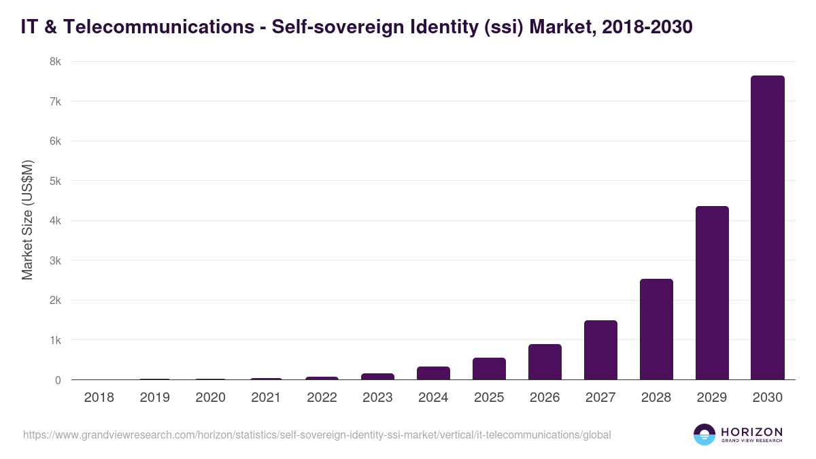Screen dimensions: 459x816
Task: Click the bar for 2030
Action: point(767,228)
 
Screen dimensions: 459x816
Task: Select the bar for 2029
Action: point(711,293)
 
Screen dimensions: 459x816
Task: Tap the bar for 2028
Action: point(656,329)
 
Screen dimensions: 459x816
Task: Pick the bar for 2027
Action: point(600,350)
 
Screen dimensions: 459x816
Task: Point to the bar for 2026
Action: point(545,362)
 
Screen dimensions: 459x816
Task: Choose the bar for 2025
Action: point(489,369)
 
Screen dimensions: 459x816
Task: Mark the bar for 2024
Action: point(433,373)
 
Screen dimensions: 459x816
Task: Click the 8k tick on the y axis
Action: point(55,62)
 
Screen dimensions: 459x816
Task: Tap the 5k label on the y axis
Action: point(55,182)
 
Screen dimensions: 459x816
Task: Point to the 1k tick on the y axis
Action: point(55,340)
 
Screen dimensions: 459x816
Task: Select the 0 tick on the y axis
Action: point(58,380)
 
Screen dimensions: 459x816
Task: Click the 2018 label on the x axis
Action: point(99,398)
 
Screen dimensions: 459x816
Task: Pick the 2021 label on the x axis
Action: point(266,398)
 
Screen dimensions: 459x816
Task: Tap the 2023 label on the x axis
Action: point(377,398)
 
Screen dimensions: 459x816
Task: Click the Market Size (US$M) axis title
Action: point(27,220)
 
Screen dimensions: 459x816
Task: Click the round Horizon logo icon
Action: point(704,435)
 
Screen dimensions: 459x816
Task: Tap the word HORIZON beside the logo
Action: point(751,432)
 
